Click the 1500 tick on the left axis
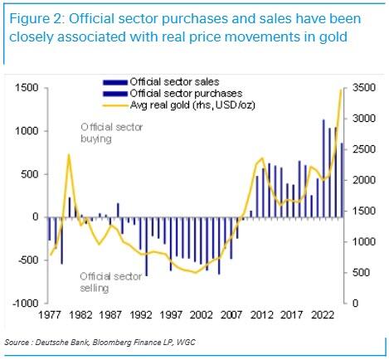click(27, 88)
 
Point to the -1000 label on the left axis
click(25, 303)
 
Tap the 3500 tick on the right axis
click(364, 88)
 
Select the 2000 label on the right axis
click(364, 180)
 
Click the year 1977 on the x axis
click(50, 315)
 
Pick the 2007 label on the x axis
click(231, 315)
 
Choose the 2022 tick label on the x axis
click(323, 315)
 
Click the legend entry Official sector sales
click(174, 82)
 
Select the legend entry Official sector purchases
click(186, 94)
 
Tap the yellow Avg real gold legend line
click(114, 105)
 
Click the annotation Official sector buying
click(112, 133)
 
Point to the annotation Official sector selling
click(111, 282)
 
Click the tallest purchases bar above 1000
click(323, 168)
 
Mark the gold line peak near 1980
click(69, 154)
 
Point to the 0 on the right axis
click(355, 303)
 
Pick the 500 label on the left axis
click(30, 174)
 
